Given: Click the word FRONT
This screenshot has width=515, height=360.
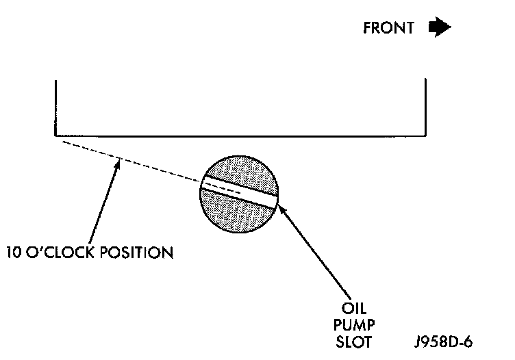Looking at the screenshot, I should pos(388,28).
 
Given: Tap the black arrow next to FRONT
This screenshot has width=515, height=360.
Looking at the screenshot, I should pos(439,27).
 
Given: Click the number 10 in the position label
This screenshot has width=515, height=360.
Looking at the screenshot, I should pos(14,252).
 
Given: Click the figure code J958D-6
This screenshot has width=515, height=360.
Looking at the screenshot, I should pos(444,340).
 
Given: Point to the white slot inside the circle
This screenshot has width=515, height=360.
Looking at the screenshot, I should pos(239,188).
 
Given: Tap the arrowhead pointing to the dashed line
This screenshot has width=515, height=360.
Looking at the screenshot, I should pos(118,164).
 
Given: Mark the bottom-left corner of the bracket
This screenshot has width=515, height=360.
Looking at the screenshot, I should pos(55,135).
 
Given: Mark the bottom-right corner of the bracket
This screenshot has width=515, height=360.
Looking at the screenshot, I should pos(427,135).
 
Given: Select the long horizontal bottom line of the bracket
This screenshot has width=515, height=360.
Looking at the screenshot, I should pos(240,135).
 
